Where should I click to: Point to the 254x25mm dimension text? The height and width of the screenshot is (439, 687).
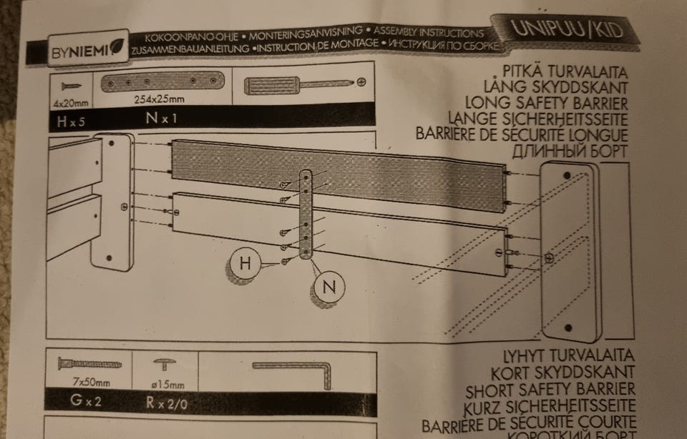point(159,99)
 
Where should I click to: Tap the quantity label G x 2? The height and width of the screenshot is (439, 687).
point(84,400)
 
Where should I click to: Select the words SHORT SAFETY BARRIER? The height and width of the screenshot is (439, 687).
point(550,390)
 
